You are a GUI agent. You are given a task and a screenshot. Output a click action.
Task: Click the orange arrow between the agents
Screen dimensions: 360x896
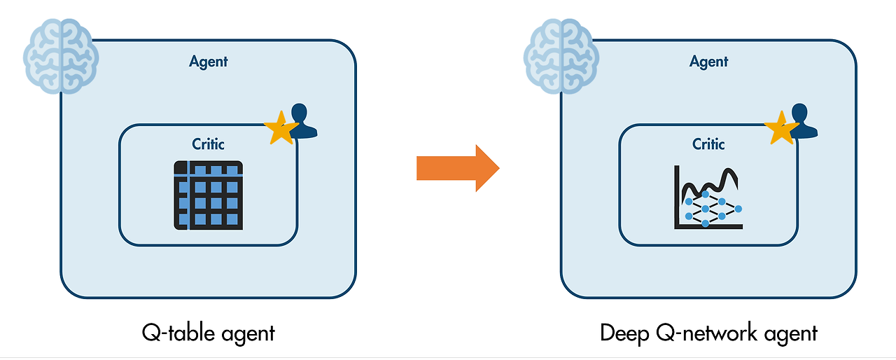pos(457,168)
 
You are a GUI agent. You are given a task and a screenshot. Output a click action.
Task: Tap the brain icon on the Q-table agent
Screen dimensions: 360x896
pos(61,55)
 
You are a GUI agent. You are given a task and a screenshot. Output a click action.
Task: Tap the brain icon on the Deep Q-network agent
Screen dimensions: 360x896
pos(561,55)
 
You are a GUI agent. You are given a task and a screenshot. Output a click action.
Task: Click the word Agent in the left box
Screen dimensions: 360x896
pos(209,62)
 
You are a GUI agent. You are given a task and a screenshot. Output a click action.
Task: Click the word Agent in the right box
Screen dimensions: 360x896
pos(709,62)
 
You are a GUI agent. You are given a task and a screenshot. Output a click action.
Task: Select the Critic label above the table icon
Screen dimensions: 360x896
pos(209,144)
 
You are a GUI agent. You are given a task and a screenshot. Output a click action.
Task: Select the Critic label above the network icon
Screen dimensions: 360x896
pos(709,144)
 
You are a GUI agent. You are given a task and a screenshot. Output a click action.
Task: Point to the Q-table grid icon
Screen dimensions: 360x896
pos(209,195)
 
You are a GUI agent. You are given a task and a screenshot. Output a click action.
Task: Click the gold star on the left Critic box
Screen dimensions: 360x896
pos(280,128)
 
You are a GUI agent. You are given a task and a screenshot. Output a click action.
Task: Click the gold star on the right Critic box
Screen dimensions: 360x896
pos(780,128)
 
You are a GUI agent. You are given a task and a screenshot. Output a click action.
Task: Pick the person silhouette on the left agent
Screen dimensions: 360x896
pos(302,120)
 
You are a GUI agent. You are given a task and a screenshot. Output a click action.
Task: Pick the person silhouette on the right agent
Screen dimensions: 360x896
pos(803,120)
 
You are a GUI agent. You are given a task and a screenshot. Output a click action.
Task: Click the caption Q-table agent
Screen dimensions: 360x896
pos(209,332)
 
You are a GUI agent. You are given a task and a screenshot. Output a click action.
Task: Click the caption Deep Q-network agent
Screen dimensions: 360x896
pos(708,332)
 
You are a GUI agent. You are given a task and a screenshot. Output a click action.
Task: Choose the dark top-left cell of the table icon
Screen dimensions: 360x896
pos(181,168)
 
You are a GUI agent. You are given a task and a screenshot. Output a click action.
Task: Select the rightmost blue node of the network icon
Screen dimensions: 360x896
pos(738,209)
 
